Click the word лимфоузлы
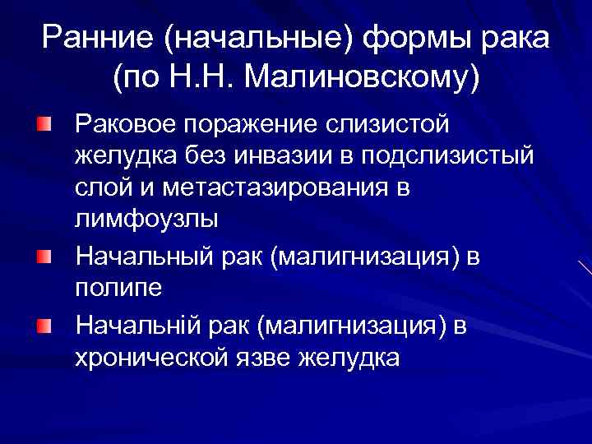146,219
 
